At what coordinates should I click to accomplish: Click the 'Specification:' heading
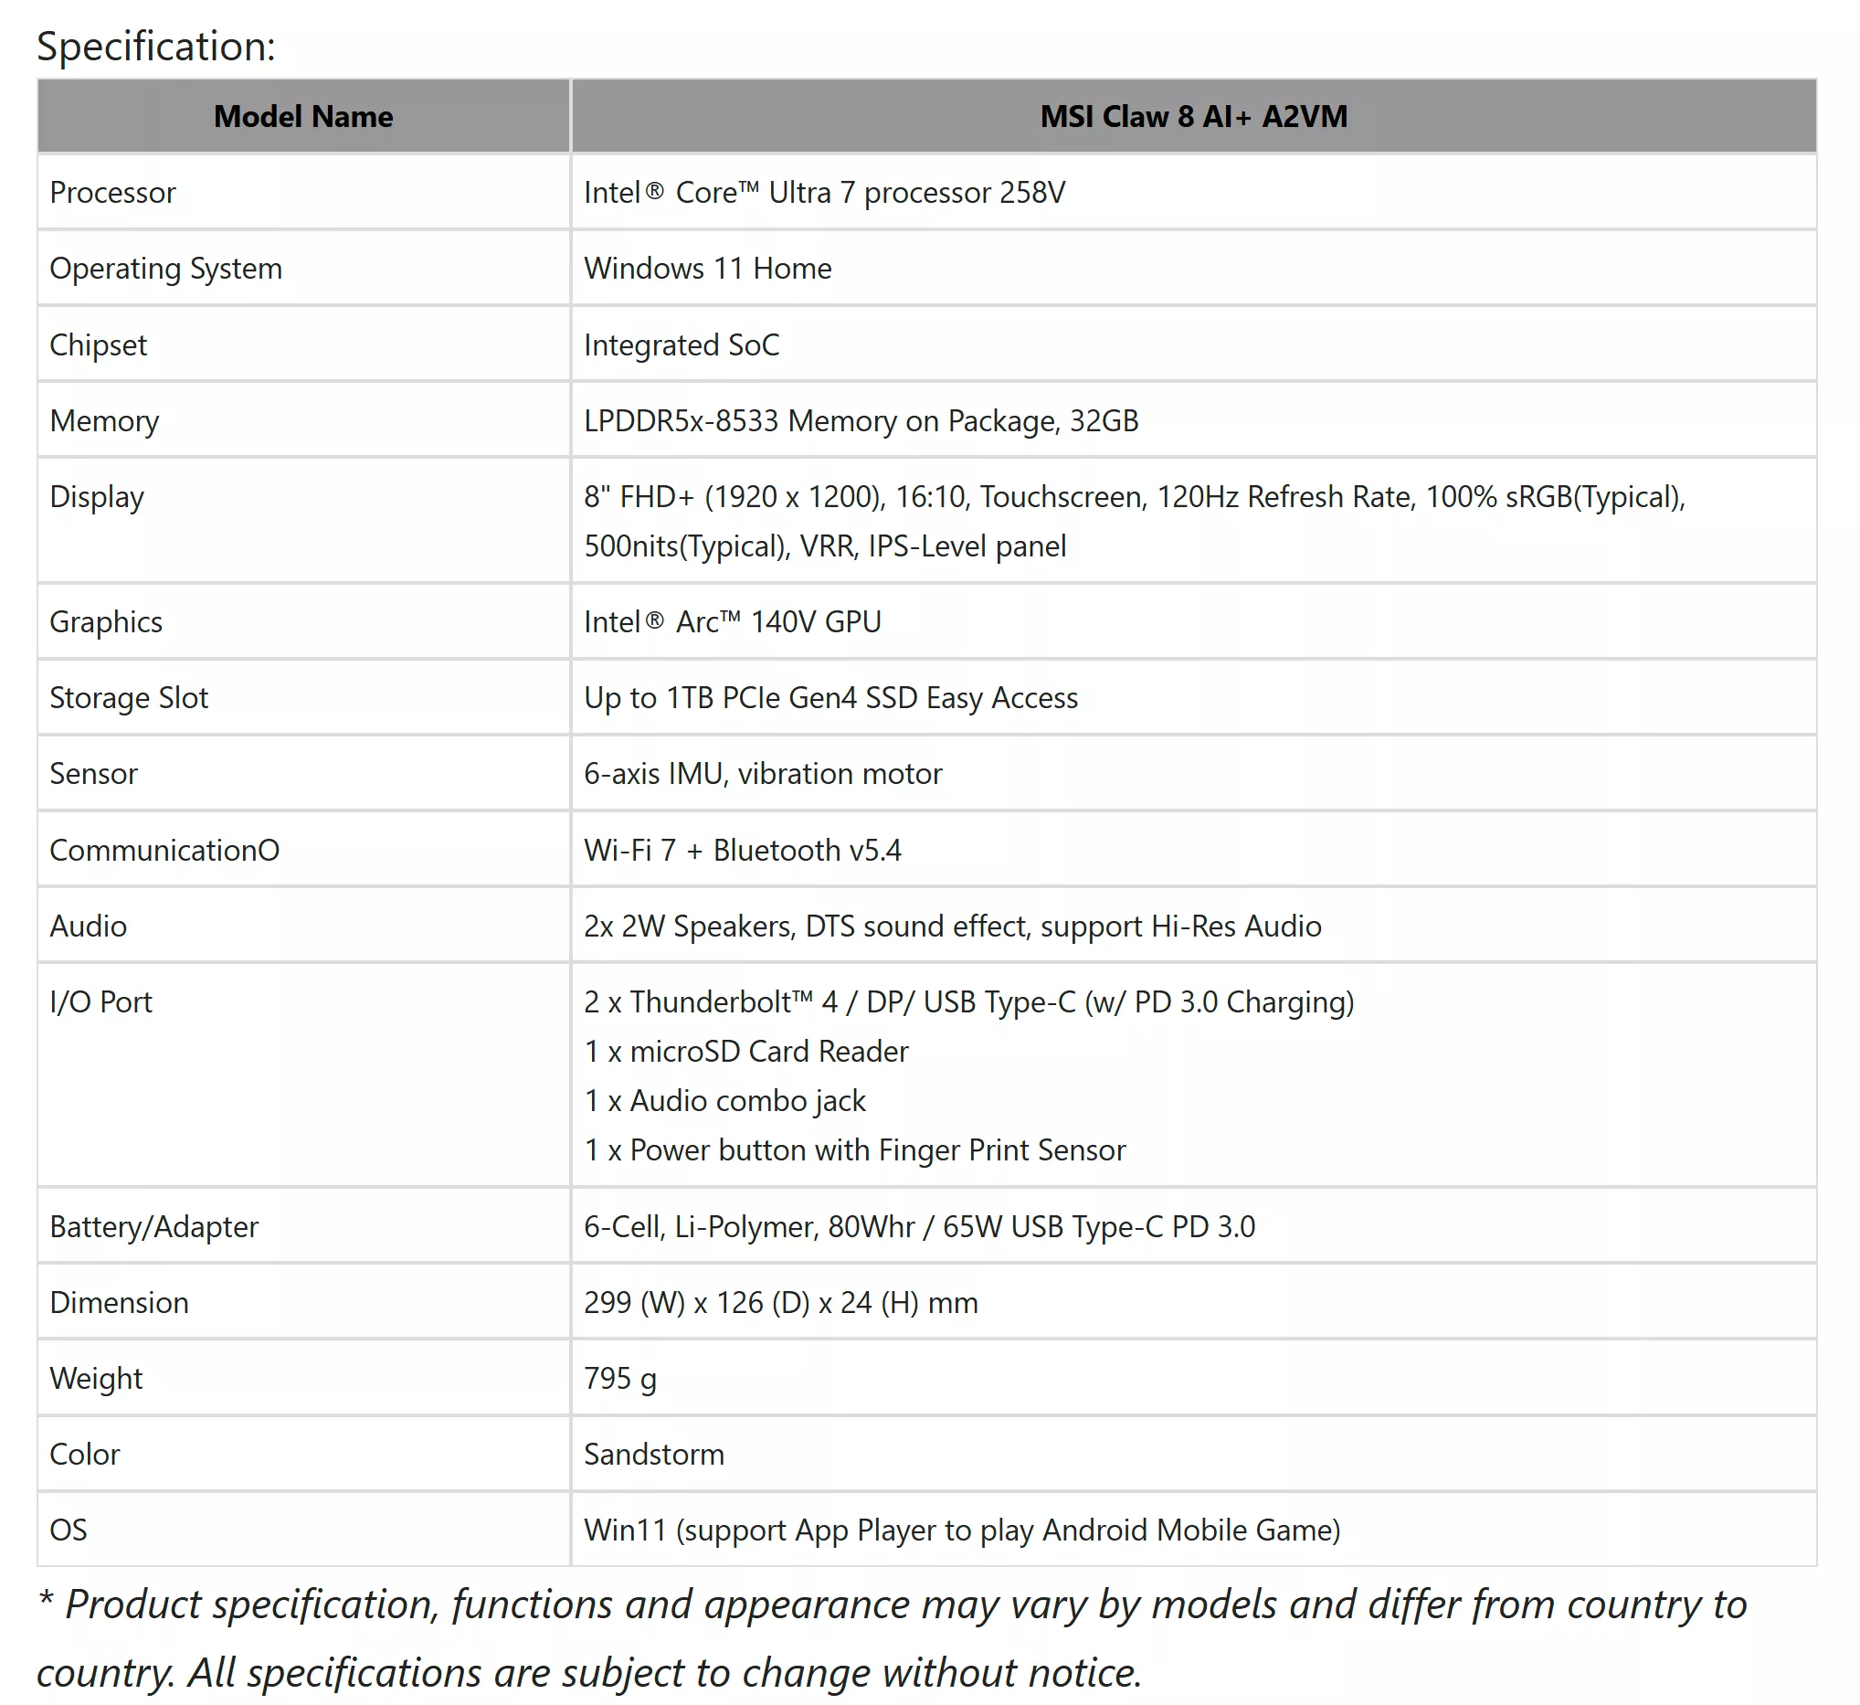pos(156,46)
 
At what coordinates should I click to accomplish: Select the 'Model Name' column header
pos(302,116)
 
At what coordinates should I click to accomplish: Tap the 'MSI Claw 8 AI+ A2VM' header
pos(1193,116)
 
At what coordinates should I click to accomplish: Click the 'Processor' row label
pos(112,193)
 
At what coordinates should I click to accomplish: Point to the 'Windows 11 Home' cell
pos(708,269)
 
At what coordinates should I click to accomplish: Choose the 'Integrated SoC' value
pos(682,345)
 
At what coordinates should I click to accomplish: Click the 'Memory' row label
pos(104,420)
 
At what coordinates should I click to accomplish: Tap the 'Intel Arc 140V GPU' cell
pos(733,622)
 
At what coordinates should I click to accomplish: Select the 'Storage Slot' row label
pos(129,698)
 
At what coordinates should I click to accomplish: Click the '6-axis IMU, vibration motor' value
pos(763,774)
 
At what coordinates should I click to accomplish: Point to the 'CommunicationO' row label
pos(164,850)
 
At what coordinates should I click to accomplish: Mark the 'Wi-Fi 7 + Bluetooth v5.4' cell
pos(743,850)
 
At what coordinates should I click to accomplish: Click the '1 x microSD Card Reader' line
pos(746,1052)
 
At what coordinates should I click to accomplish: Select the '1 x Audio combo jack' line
pos(725,1101)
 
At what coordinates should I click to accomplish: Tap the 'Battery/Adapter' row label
pos(154,1227)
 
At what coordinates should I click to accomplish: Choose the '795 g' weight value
pos(620,1379)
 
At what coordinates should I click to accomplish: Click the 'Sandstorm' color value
pos(654,1455)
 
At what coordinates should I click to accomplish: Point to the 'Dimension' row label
pos(119,1303)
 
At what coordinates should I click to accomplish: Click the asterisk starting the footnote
pos(45,1598)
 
